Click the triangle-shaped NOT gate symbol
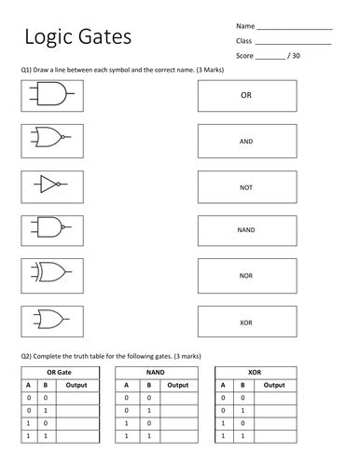click(50, 185)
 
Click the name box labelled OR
click(246, 95)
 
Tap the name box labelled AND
click(246, 140)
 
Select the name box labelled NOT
click(246, 185)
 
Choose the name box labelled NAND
click(246, 230)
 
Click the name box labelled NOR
click(246, 276)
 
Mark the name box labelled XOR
click(246, 322)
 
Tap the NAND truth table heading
click(155, 372)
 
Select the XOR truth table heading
click(254, 372)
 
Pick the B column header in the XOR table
click(242, 385)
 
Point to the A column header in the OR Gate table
click(29, 385)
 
